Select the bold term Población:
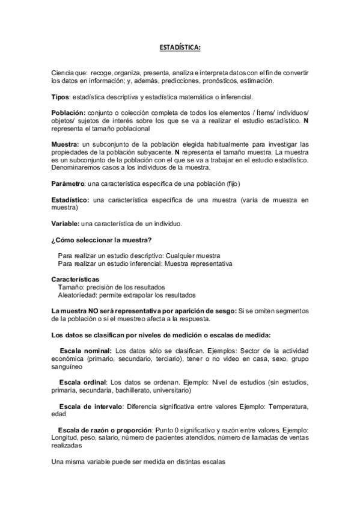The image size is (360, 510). coord(69,113)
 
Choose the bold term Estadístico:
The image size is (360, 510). coord(70,199)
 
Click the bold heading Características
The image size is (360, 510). coord(75,280)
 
